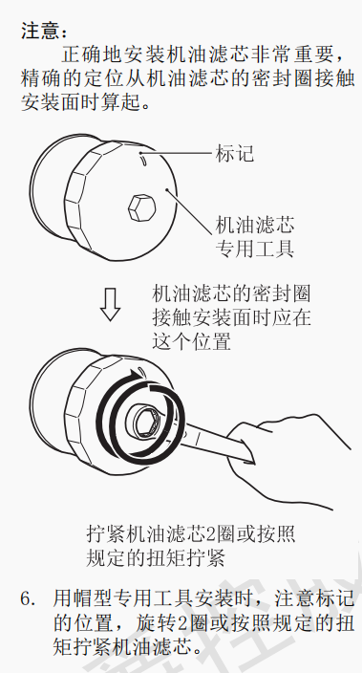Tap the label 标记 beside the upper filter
(x=235, y=153)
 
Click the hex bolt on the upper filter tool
(x=141, y=209)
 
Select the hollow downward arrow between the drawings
(x=110, y=304)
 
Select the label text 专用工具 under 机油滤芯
(x=254, y=249)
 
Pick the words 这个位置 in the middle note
(x=191, y=342)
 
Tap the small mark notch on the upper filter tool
(x=143, y=161)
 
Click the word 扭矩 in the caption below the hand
(x=181, y=557)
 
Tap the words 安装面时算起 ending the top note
(x=81, y=103)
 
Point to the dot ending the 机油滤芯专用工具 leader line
(x=167, y=189)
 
